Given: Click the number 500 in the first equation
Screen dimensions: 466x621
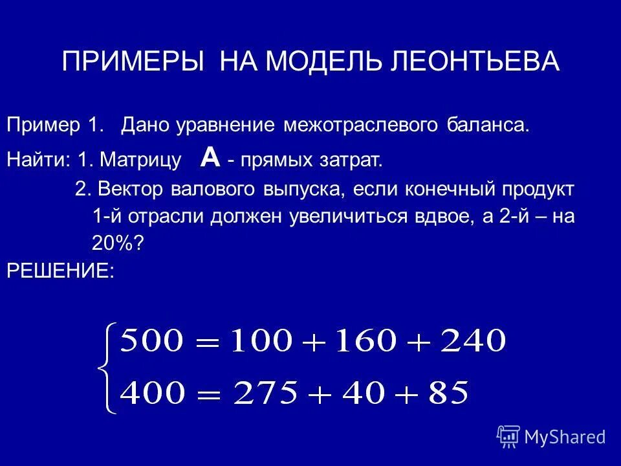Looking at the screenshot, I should (152, 340).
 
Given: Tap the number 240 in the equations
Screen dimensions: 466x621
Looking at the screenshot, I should (471, 340).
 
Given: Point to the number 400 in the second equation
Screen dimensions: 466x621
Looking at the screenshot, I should (152, 393).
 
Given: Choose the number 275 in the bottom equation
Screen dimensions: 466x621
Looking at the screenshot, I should (267, 393).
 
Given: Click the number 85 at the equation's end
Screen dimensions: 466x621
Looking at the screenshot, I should (446, 393).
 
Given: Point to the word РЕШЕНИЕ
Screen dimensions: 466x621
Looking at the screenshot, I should (60, 271).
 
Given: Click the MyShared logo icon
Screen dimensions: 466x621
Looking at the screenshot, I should (508, 437).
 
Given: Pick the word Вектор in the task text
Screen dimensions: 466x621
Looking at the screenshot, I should (132, 190).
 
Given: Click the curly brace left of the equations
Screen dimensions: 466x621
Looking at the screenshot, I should (103, 368).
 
